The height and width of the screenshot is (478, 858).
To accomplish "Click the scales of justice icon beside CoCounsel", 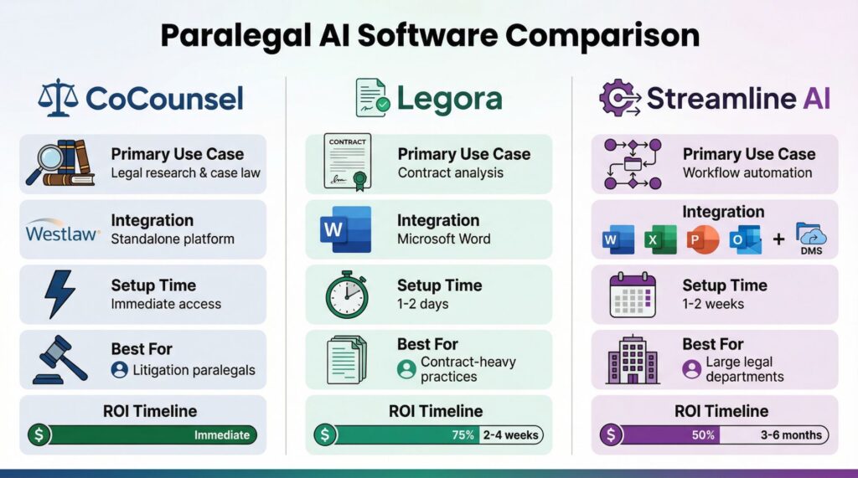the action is point(58,97).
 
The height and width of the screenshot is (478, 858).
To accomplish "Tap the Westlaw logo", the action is point(62,231).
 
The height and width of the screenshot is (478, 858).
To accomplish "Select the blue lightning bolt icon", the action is point(59,294).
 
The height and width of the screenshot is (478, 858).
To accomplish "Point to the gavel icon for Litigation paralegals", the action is point(60,359).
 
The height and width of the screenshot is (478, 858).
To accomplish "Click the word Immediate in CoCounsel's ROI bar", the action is point(221,434).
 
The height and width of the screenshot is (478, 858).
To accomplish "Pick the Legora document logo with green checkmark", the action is point(373,97).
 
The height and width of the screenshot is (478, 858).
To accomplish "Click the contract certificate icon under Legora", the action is point(347,162).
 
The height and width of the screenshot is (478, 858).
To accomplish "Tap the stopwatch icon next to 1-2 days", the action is point(347,295).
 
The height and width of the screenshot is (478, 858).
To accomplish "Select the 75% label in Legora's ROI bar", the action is point(463,434).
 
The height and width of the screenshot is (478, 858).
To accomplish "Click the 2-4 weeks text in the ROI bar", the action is point(510,434).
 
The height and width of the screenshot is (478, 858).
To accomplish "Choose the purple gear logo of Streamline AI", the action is point(620,98).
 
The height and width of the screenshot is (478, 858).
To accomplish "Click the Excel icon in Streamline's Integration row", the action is point(660,239).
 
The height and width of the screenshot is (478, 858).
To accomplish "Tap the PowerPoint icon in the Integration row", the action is point(703,239).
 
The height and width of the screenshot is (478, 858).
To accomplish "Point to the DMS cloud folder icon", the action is point(811,239).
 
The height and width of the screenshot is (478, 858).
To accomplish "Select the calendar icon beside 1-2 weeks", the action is point(633,295).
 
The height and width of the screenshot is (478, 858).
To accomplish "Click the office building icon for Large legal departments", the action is point(633,359).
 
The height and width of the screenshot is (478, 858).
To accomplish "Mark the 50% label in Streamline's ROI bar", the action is point(703,434).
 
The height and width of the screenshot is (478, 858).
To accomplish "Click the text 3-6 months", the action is point(791,434).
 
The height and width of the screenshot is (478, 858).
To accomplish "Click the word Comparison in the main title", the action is point(602,36).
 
